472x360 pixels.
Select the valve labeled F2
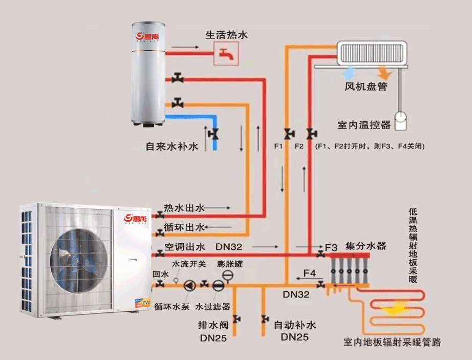(310, 134)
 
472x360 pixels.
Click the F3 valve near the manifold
(321, 253)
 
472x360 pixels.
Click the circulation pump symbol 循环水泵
(190, 285)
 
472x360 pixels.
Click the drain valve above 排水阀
(236, 319)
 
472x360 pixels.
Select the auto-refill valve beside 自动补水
(264, 319)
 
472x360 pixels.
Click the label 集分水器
(366, 246)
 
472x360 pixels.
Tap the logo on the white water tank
(147, 37)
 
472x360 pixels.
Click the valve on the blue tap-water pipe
(214, 134)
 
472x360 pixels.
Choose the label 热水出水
(184, 208)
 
